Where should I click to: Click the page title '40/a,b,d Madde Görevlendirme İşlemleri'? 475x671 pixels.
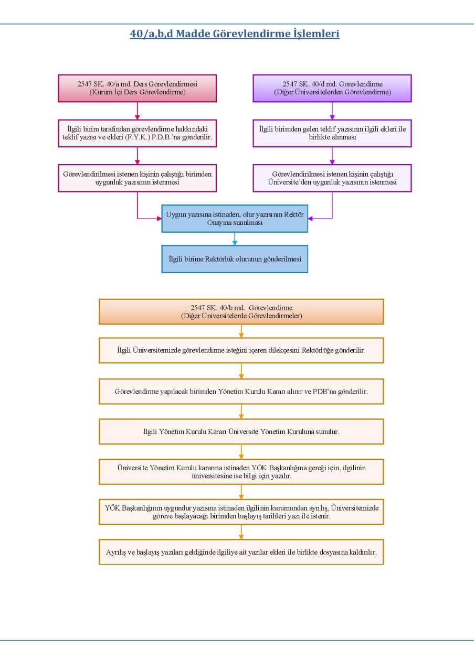tap(235, 34)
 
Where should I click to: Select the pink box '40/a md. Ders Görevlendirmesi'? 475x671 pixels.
tap(138, 89)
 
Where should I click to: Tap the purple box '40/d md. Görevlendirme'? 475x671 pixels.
tap(332, 89)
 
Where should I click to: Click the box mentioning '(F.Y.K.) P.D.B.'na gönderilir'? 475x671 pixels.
tap(138, 133)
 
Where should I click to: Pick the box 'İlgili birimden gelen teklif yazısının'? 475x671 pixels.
tap(332, 133)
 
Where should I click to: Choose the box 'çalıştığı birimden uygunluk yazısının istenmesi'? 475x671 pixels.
tap(138, 178)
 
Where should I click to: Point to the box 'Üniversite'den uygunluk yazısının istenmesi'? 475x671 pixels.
tap(332, 178)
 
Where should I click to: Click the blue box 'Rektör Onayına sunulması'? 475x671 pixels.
tap(235, 219)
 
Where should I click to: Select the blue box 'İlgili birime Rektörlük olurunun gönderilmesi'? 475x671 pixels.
tap(235, 259)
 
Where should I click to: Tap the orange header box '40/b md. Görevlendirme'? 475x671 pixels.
tap(241, 311)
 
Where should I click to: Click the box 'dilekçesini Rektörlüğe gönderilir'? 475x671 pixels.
tap(241, 351)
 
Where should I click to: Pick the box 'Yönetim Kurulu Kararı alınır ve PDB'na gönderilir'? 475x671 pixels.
tap(241, 392)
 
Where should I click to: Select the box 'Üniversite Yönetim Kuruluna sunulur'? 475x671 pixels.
tap(241, 431)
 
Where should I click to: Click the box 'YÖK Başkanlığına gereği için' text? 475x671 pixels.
tap(241, 472)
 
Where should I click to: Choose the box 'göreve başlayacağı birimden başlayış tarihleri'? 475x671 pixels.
tap(241, 512)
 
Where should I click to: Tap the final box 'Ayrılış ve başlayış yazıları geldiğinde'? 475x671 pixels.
tap(241, 552)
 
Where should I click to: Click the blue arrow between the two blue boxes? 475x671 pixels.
tap(235, 239)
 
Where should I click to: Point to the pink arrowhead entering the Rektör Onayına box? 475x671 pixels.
tap(159, 219)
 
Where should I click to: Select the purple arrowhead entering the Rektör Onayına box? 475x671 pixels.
tap(310, 219)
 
